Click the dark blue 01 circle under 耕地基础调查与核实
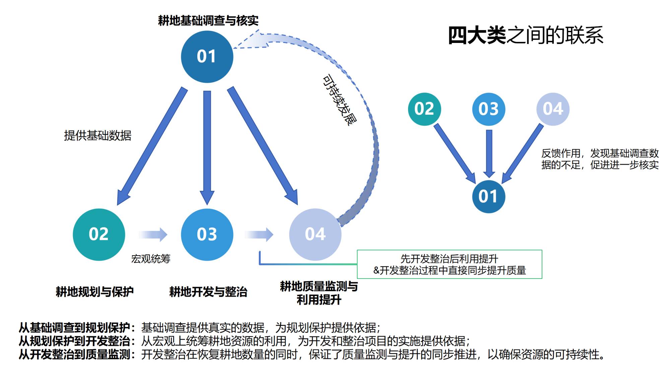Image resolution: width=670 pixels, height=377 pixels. click(207, 57)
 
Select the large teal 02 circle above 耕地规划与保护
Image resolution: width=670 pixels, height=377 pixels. click(99, 234)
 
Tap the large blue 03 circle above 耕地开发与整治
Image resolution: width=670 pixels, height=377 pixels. click(207, 234)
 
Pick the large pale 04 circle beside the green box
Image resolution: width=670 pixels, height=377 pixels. click(315, 234)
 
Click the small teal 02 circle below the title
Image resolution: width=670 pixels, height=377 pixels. click(424, 109)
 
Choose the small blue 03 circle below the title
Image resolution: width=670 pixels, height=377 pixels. click(489, 109)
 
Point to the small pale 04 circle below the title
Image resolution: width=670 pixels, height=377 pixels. click(553, 109)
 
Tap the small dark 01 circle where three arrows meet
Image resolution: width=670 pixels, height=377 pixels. click(488, 197)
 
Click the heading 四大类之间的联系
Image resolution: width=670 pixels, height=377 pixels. click(526, 35)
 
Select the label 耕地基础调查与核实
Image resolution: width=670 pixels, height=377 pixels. click(208, 21)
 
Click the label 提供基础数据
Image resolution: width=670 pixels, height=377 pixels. click(97, 136)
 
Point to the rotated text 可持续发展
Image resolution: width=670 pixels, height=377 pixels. click(339, 100)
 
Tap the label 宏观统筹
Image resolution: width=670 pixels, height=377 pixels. click(151, 259)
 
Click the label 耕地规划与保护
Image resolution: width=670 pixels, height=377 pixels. click(94, 292)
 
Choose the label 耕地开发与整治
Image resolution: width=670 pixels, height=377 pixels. click(208, 292)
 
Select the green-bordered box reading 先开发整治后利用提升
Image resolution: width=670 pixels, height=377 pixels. click(449, 264)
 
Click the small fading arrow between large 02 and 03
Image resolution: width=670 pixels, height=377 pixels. click(153, 234)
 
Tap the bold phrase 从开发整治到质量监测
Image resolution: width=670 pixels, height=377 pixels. click(74, 355)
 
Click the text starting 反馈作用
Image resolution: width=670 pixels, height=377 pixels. click(600, 159)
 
